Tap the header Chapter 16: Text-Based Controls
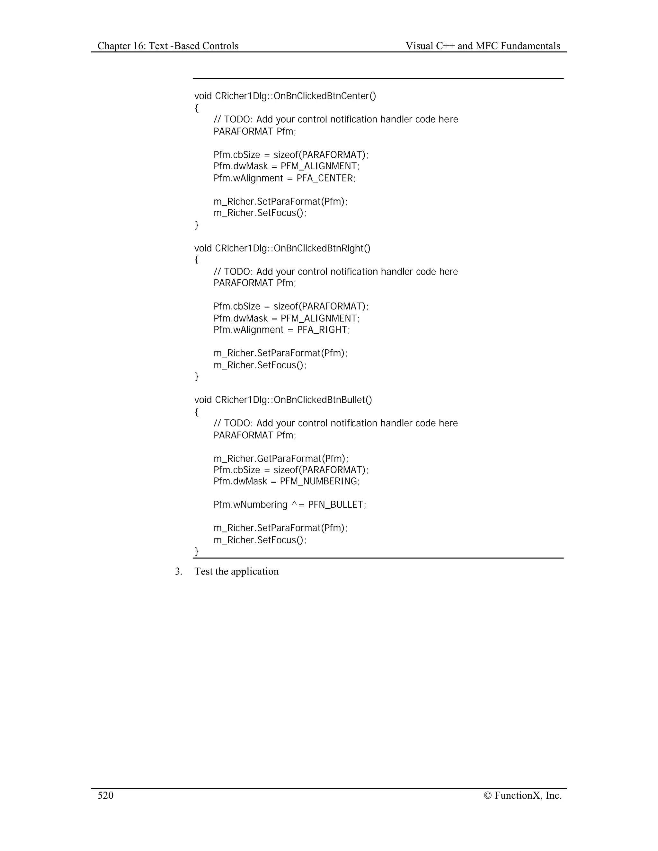168,46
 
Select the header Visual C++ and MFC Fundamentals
483,46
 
